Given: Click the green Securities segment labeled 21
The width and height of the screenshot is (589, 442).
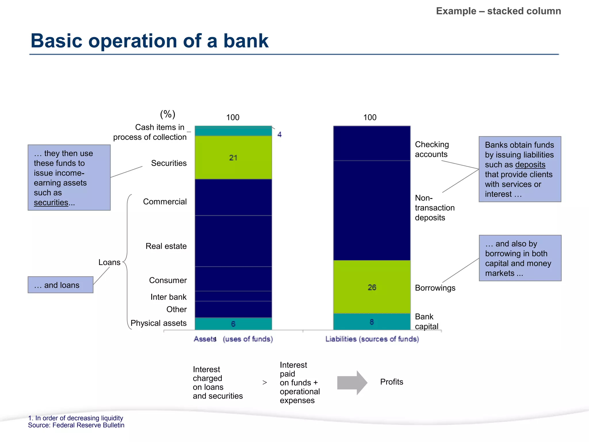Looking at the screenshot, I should point(233,157).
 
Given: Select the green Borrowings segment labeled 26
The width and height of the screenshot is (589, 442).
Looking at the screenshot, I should point(372,287).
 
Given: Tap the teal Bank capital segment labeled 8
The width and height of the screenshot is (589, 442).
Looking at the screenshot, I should point(372,322).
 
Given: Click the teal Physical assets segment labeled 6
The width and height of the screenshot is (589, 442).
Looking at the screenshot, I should point(233,324).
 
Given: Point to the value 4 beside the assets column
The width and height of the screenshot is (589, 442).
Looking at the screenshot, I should point(279,134).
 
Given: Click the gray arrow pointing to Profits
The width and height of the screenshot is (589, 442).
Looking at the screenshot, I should point(352,382).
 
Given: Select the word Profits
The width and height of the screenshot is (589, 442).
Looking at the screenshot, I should point(391,382).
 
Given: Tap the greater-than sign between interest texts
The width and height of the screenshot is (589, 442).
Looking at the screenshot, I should point(265,383).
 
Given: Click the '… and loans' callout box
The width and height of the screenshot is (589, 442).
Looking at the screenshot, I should point(60,285).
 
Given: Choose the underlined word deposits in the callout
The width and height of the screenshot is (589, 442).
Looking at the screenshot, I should point(530,165).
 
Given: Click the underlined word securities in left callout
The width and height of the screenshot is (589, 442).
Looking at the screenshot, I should point(51,203).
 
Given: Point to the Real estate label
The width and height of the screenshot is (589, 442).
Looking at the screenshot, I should point(166,246).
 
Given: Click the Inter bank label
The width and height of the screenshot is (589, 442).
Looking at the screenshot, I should point(168,297).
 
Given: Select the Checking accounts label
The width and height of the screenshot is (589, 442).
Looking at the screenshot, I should point(431,149).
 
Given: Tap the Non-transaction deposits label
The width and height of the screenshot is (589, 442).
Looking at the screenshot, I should point(434,207).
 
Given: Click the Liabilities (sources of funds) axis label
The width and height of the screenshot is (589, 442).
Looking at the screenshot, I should point(372,339).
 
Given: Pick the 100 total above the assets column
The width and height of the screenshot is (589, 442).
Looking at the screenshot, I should point(233,117).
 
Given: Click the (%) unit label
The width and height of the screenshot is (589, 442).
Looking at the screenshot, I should point(168,114).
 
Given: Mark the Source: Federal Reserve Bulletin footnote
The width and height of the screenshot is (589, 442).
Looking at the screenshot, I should point(76,425).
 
